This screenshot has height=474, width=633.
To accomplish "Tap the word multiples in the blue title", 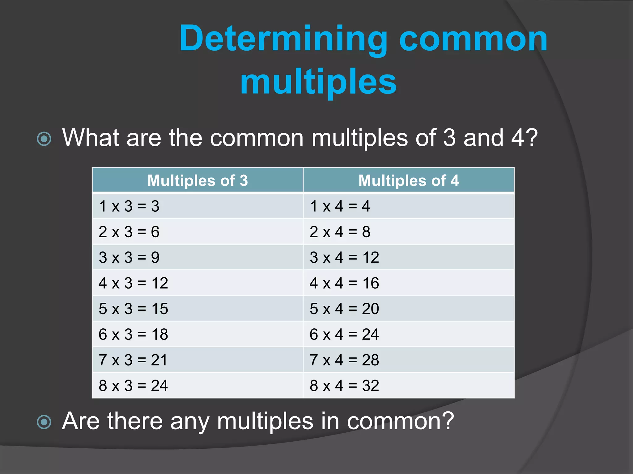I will coord(318,82).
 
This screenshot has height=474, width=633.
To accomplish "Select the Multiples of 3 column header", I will coord(198,181).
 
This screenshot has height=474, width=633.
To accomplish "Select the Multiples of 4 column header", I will coord(409,181).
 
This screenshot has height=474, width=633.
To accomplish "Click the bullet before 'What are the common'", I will coord(44,139).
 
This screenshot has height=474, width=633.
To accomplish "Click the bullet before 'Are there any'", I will coord(44,422).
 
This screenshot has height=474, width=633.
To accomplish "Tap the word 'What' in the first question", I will coord(91,138).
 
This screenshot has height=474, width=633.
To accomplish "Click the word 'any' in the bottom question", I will coord(189,422).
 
